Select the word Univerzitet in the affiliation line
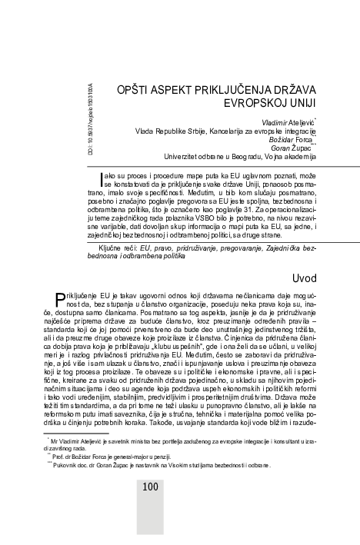(185, 158)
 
